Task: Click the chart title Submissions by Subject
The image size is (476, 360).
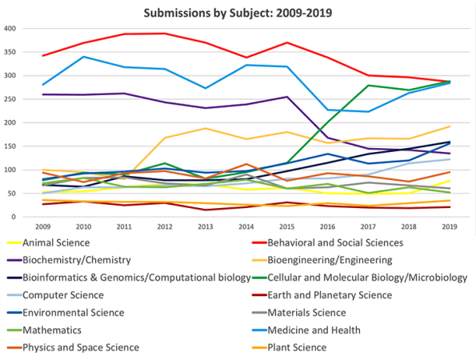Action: click(238, 13)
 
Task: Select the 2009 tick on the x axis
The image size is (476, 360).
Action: click(43, 226)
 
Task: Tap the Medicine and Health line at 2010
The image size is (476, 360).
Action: click(85, 57)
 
